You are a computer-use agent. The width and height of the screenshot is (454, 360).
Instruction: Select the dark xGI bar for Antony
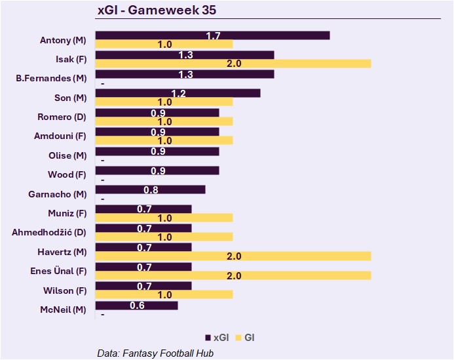[212, 35]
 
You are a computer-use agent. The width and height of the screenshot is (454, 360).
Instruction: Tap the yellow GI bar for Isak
[233, 64]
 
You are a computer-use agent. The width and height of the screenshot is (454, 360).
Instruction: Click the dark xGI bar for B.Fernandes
[185, 74]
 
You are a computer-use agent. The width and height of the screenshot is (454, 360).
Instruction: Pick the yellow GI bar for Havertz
[233, 256]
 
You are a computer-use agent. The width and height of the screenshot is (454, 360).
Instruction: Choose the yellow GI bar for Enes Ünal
[233, 275]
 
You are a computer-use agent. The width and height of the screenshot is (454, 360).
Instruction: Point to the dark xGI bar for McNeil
[136, 306]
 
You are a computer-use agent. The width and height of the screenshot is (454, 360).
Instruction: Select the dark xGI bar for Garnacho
[150, 190]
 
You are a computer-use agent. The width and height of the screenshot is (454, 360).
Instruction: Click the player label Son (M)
[71, 98]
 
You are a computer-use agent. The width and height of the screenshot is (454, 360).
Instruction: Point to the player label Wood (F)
[67, 175]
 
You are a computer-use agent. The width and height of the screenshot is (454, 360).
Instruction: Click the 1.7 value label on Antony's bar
[213, 35]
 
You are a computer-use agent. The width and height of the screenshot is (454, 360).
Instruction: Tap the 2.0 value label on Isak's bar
[233, 64]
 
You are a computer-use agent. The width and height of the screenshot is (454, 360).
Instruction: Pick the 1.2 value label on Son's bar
[178, 94]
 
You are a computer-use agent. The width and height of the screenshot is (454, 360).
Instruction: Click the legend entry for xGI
[218, 338]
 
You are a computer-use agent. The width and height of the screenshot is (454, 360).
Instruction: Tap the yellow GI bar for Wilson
[164, 294]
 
